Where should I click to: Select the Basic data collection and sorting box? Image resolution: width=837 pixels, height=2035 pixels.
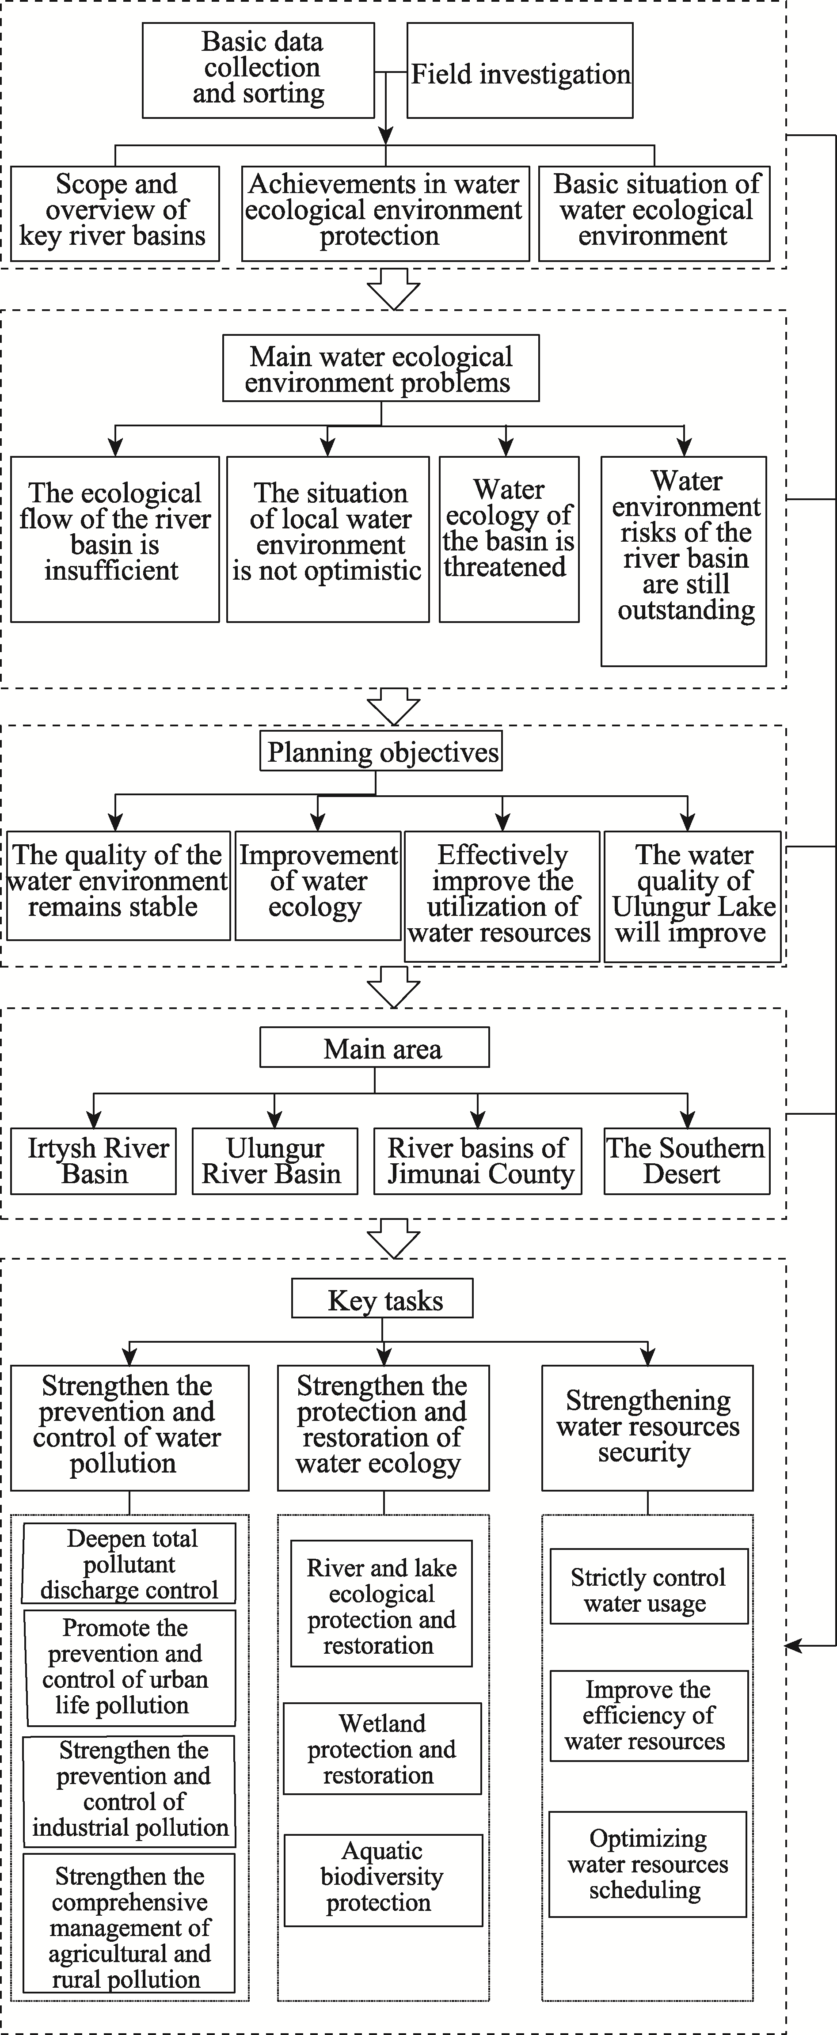pyautogui.click(x=259, y=70)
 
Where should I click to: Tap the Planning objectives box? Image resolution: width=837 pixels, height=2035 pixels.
pyautogui.click(x=381, y=752)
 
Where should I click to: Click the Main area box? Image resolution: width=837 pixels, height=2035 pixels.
pyautogui.click(x=375, y=1048)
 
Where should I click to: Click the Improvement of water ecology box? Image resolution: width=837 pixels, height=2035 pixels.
pyautogui.click(x=318, y=885)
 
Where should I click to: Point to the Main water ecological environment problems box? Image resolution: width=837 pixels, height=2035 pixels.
pyautogui.click(x=381, y=368)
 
